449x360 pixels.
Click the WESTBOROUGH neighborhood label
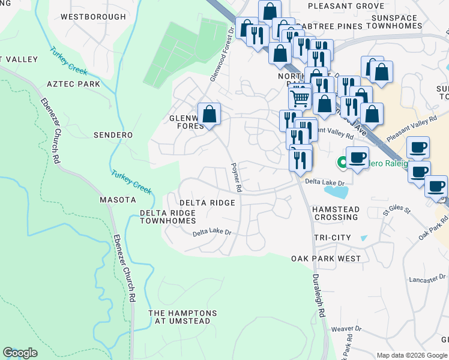point(93,17)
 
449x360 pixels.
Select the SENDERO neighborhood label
point(113,135)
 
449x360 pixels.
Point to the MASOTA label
point(118,199)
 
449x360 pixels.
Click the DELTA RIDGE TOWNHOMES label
point(167,217)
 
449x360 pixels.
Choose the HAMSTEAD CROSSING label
point(335,212)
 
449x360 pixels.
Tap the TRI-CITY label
point(333,238)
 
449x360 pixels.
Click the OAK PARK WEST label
point(326,259)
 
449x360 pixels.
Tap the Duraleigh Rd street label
point(318,295)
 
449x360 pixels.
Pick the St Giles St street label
point(396,212)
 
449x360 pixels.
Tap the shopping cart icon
point(300,97)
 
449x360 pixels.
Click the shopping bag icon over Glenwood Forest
point(209,113)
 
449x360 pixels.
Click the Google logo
point(20,353)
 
